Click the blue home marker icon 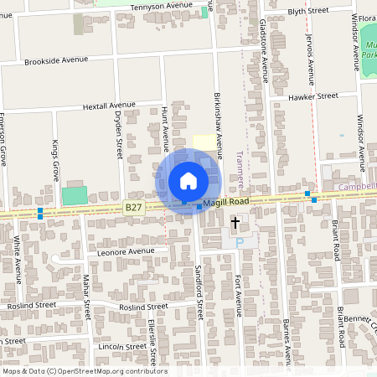click(188, 181)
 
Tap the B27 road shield click(133, 206)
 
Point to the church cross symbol click(235, 224)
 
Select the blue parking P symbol click(239, 243)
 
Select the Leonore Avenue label click(126, 251)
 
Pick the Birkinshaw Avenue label click(219, 127)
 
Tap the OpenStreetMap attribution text click(84, 371)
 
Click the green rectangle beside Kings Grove click(74, 197)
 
